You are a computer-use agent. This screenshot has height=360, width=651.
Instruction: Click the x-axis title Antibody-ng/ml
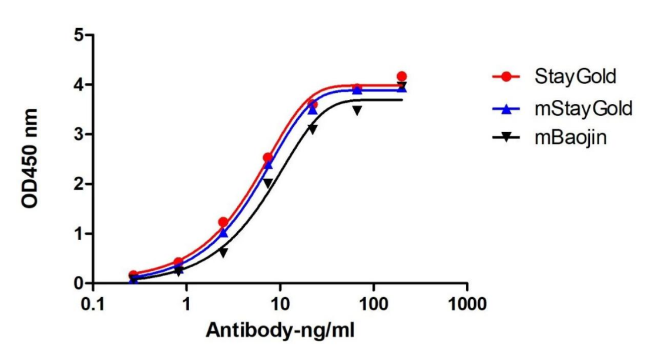(280, 330)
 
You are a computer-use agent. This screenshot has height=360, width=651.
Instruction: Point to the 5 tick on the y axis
(76, 35)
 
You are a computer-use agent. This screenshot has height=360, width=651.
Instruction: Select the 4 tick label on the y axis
(76, 85)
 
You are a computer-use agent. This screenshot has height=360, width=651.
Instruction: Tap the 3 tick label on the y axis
(76, 134)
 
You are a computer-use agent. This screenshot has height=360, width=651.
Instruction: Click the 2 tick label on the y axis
(76, 184)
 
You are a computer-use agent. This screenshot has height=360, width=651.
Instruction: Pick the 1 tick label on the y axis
(76, 234)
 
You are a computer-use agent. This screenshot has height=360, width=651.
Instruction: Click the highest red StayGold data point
(401, 76)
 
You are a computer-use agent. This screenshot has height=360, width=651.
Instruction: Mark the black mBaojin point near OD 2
(268, 184)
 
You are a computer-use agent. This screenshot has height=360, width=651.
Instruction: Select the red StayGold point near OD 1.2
(223, 222)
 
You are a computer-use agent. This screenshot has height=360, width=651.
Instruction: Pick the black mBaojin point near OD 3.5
(357, 110)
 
